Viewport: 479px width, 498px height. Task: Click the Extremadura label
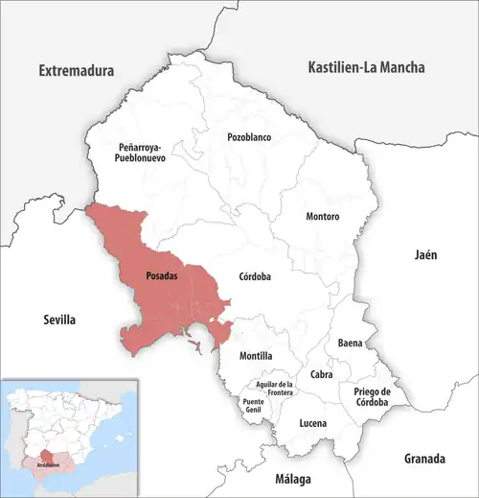click(76, 71)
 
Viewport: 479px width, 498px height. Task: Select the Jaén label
click(425, 255)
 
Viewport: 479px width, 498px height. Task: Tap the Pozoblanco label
click(249, 137)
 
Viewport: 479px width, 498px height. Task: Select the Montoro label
click(322, 216)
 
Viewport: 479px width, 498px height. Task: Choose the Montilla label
click(242, 355)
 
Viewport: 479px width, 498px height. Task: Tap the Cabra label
click(321, 375)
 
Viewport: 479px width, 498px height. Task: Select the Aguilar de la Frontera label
click(279, 389)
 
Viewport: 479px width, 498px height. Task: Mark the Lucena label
click(312, 423)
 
